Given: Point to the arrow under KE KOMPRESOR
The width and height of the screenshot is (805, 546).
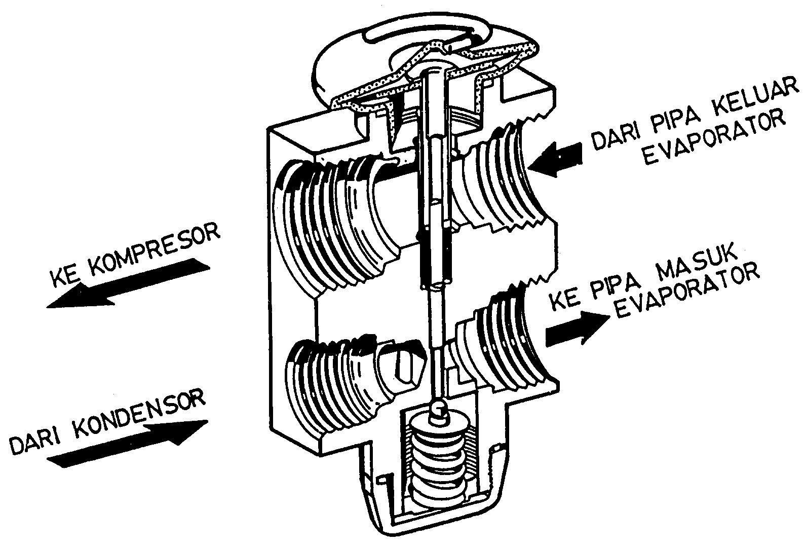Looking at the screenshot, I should tap(127, 283).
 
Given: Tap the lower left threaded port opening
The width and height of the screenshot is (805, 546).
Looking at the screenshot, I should tap(329, 378).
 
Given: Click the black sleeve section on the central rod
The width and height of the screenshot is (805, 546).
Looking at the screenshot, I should tap(435, 259).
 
